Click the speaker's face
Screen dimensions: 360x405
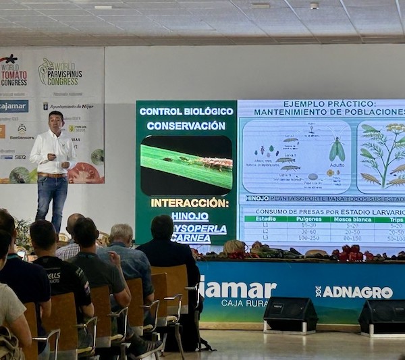point(55,123)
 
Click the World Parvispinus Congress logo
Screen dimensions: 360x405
point(60,72)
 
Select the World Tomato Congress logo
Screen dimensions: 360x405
point(13,71)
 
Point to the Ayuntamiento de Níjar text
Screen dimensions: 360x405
point(68,107)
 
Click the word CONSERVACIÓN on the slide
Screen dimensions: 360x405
point(186,126)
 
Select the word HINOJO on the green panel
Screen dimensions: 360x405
point(190,216)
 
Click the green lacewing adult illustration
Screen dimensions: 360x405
point(337,149)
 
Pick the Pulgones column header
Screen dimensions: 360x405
point(310,218)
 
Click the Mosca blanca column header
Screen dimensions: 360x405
point(352,218)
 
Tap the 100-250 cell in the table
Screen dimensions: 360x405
point(308,238)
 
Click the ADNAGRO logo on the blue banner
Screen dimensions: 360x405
point(354,292)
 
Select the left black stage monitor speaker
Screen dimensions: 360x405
point(290,314)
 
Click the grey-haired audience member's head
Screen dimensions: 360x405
point(122,234)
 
